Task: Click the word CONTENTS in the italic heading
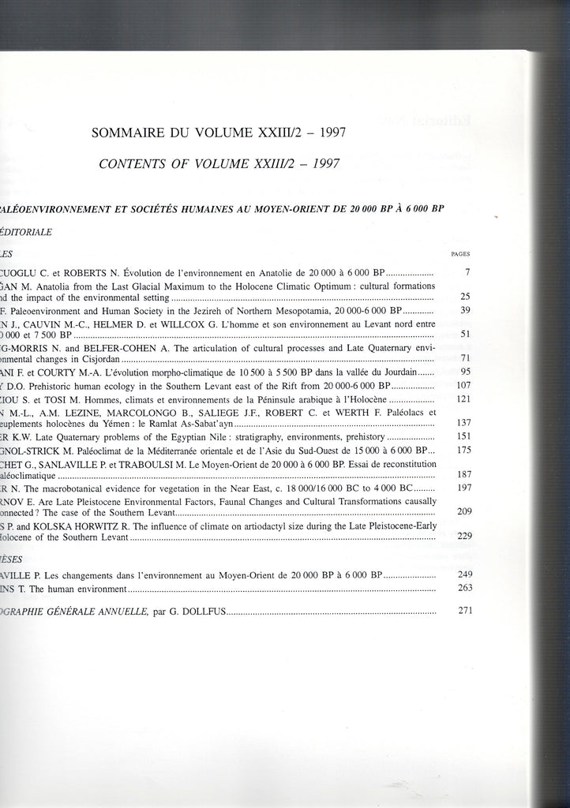pos(134,164)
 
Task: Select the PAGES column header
pos(460,254)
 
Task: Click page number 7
pos(467,271)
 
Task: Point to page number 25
pos(465,297)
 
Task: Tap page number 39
pos(465,311)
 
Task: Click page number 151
pos(463,436)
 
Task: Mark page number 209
pos(463,511)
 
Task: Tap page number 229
pos(463,537)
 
